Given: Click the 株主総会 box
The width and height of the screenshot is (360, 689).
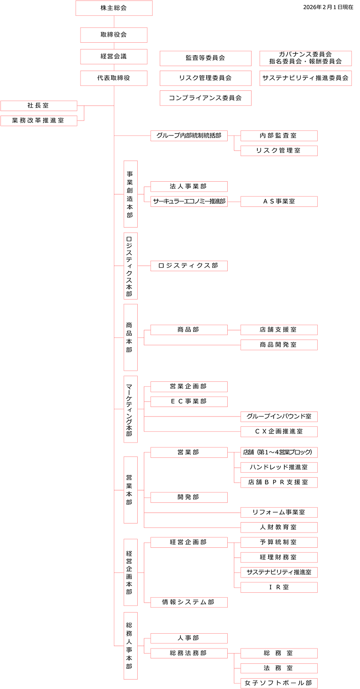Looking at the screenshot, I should (x=114, y=8).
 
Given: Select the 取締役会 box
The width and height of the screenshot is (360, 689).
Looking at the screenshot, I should (x=114, y=35).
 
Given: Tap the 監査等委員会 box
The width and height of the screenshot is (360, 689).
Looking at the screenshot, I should (x=205, y=58).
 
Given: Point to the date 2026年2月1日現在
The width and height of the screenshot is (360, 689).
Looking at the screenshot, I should (x=328, y=7).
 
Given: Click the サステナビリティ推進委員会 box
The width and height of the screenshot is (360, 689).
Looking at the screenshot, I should (x=306, y=78).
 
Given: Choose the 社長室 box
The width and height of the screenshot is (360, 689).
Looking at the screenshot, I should (x=39, y=106).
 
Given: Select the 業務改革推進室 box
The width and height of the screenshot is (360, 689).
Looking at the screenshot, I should (x=39, y=121).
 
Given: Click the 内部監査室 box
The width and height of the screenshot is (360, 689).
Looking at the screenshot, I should (x=279, y=135).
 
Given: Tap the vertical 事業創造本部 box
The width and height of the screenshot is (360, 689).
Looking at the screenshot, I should (x=130, y=194).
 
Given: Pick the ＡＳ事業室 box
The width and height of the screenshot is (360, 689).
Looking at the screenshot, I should (x=279, y=201).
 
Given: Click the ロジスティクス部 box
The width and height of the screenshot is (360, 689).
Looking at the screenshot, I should (x=189, y=266).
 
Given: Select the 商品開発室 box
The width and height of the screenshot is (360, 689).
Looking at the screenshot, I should (x=279, y=344).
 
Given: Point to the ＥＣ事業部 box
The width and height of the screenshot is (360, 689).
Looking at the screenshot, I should (x=189, y=401).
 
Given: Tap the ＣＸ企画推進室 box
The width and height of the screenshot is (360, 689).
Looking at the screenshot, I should (x=279, y=431).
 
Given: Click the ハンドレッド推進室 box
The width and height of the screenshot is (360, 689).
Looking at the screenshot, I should (x=279, y=467).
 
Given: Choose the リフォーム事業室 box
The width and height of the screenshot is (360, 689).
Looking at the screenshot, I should (x=279, y=512).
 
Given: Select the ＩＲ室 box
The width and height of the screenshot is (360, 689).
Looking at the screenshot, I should (x=279, y=587).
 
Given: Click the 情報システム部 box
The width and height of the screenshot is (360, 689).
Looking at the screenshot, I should (x=189, y=602).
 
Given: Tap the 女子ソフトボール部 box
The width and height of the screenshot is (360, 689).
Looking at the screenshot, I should (x=279, y=683).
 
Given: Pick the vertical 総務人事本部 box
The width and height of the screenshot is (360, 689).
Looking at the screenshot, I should (x=130, y=645).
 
